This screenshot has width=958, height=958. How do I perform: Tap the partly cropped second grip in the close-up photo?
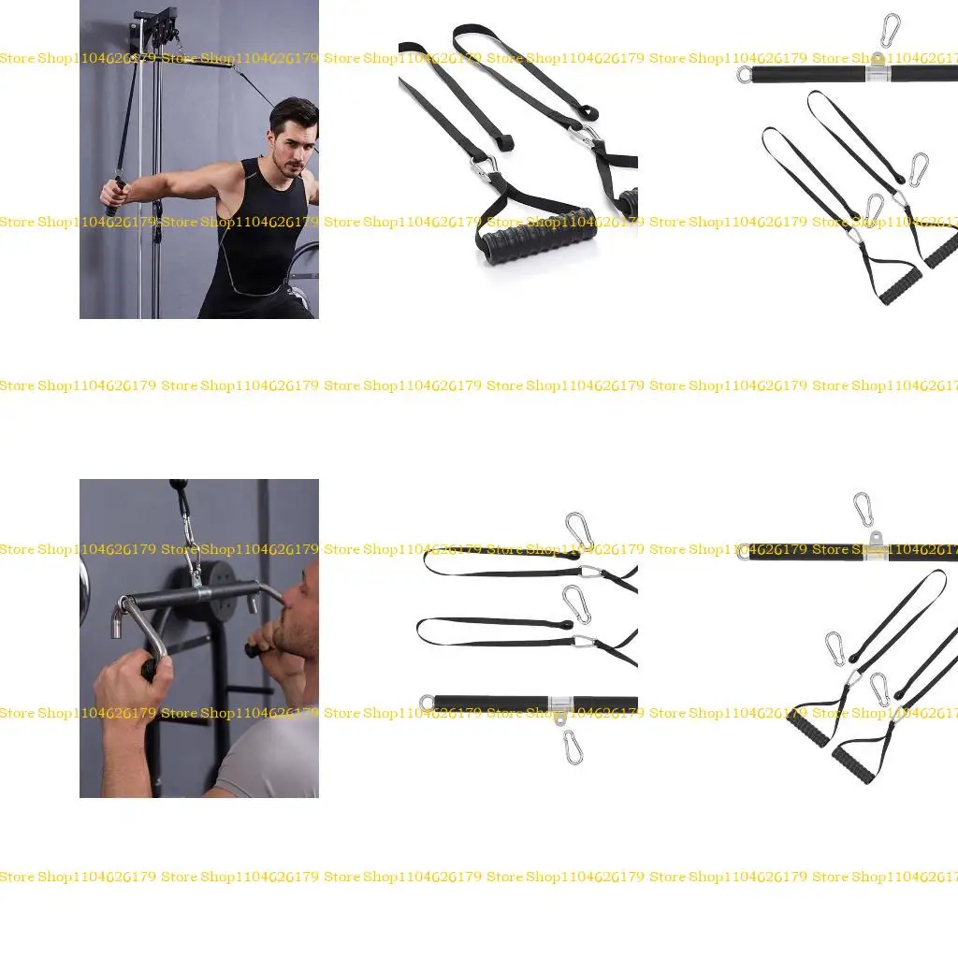click(x=628, y=200)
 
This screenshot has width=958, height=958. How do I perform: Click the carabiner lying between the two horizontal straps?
click(x=576, y=603)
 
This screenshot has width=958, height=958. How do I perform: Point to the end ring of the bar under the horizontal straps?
click(x=428, y=702)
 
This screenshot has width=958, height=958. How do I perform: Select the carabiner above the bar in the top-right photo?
click(x=891, y=31)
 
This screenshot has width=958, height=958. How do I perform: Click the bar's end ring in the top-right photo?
click(x=745, y=74)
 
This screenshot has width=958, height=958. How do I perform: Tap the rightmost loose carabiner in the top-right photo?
click(x=919, y=169)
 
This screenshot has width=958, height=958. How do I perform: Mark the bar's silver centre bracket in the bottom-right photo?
click(x=876, y=548)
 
